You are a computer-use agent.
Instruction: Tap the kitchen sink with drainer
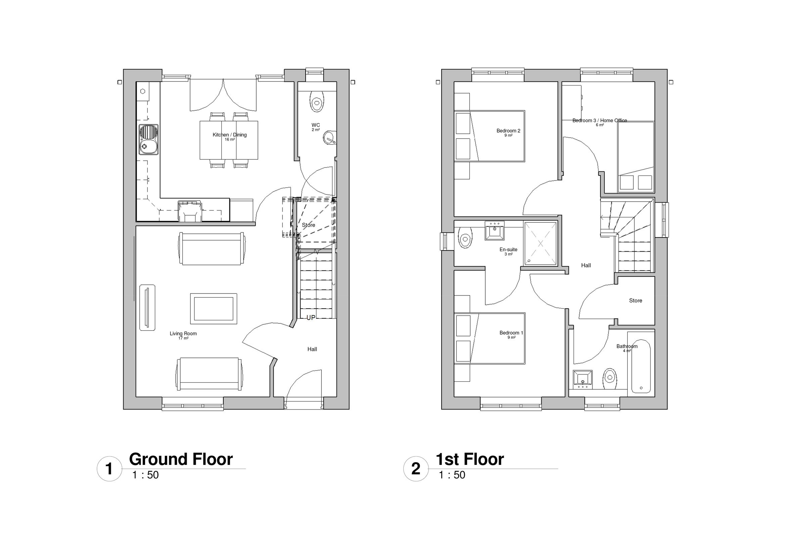(148, 140)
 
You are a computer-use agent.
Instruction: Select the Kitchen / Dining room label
(229, 135)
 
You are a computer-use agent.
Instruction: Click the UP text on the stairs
(311, 318)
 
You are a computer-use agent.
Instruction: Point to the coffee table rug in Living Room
(214, 308)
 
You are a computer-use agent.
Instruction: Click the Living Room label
(183, 333)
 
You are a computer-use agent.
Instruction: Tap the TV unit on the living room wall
(147, 307)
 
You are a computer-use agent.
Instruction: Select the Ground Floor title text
(181, 459)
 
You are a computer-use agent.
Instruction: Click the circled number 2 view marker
(415, 469)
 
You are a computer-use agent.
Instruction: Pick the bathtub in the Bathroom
(641, 366)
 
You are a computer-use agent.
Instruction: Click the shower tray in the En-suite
(540, 244)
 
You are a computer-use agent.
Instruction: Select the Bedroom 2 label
(508, 130)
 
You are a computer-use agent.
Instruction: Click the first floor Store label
(635, 300)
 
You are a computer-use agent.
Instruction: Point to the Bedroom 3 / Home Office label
(599, 120)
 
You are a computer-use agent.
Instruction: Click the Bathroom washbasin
(582, 379)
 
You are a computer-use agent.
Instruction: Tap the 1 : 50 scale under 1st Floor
(452, 475)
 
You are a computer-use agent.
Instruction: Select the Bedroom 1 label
(511, 332)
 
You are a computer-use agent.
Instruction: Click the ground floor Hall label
(312, 349)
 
